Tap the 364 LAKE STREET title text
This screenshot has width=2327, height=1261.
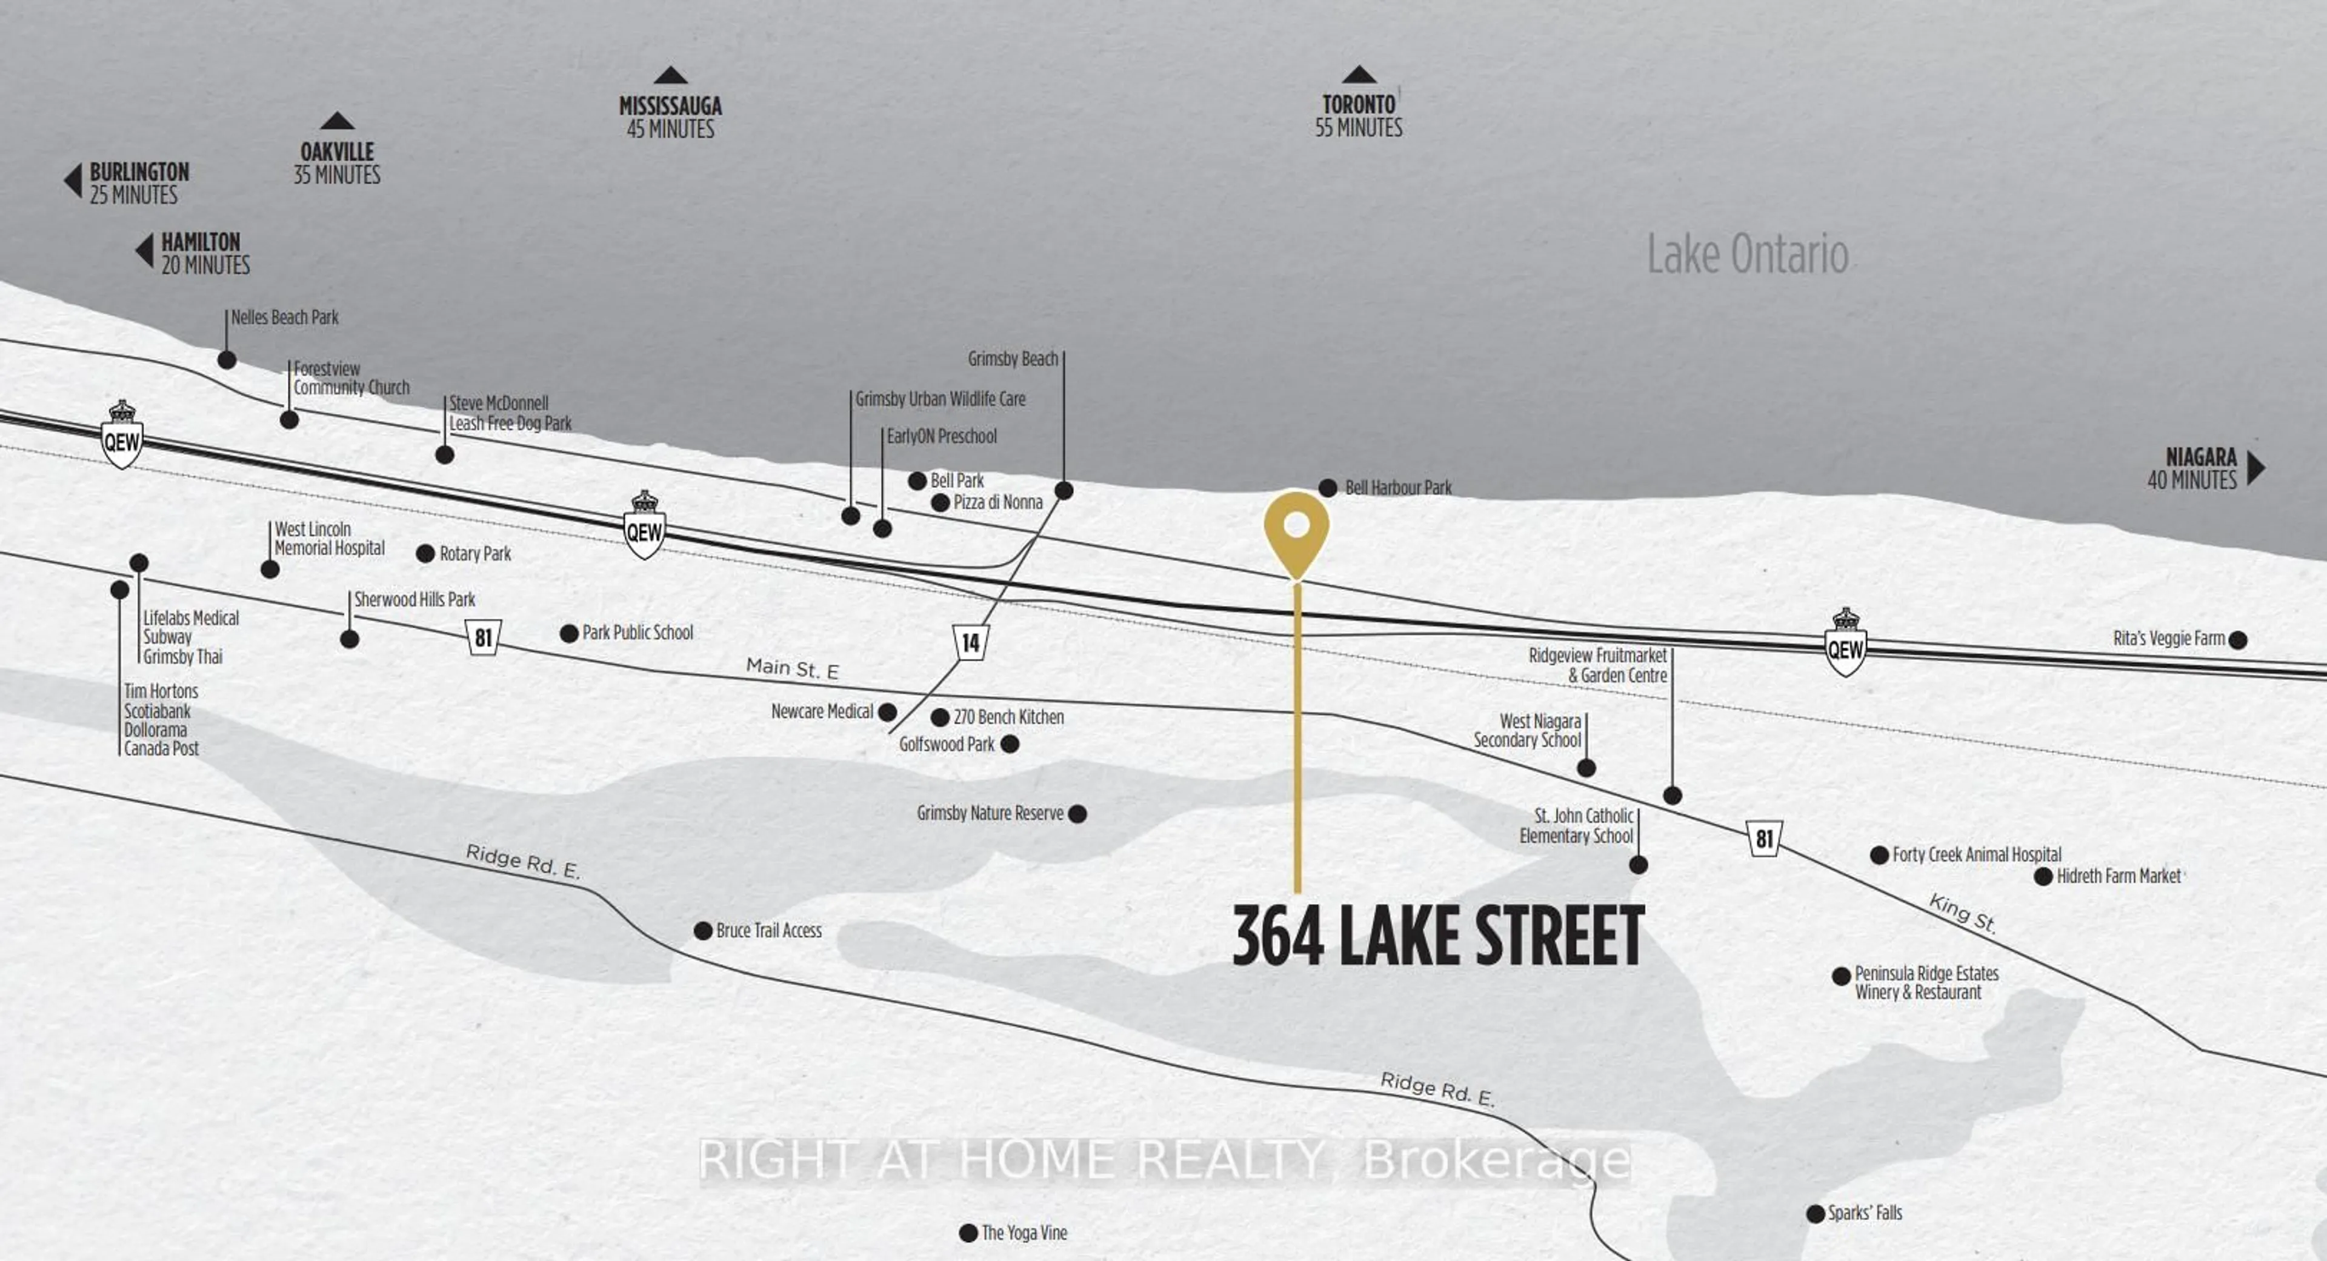click(x=1437, y=937)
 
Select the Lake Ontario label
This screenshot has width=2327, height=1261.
click(x=1747, y=254)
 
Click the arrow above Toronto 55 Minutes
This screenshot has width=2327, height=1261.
click(x=1359, y=75)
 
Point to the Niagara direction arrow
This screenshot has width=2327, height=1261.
click(x=2255, y=468)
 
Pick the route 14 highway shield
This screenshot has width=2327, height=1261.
click(x=970, y=642)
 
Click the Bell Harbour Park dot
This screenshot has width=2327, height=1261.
click(x=1328, y=488)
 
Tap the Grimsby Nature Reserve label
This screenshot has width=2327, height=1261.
click(x=990, y=813)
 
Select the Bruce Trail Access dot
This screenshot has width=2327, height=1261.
click(x=703, y=930)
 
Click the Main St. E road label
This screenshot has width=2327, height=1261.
click(x=792, y=668)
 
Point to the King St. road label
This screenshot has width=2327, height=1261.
click(x=1962, y=913)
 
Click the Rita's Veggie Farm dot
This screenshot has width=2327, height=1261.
click(x=2237, y=639)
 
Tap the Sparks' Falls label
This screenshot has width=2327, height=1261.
click(x=1865, y=1213)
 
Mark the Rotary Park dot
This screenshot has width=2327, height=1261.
click(x=425, y=554)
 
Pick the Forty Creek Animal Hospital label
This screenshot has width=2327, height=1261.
click(x=1977, y=854)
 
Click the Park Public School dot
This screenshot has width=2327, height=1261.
click(x=569, y=633)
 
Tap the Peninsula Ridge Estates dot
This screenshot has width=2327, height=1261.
click(x=1841, y=976)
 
